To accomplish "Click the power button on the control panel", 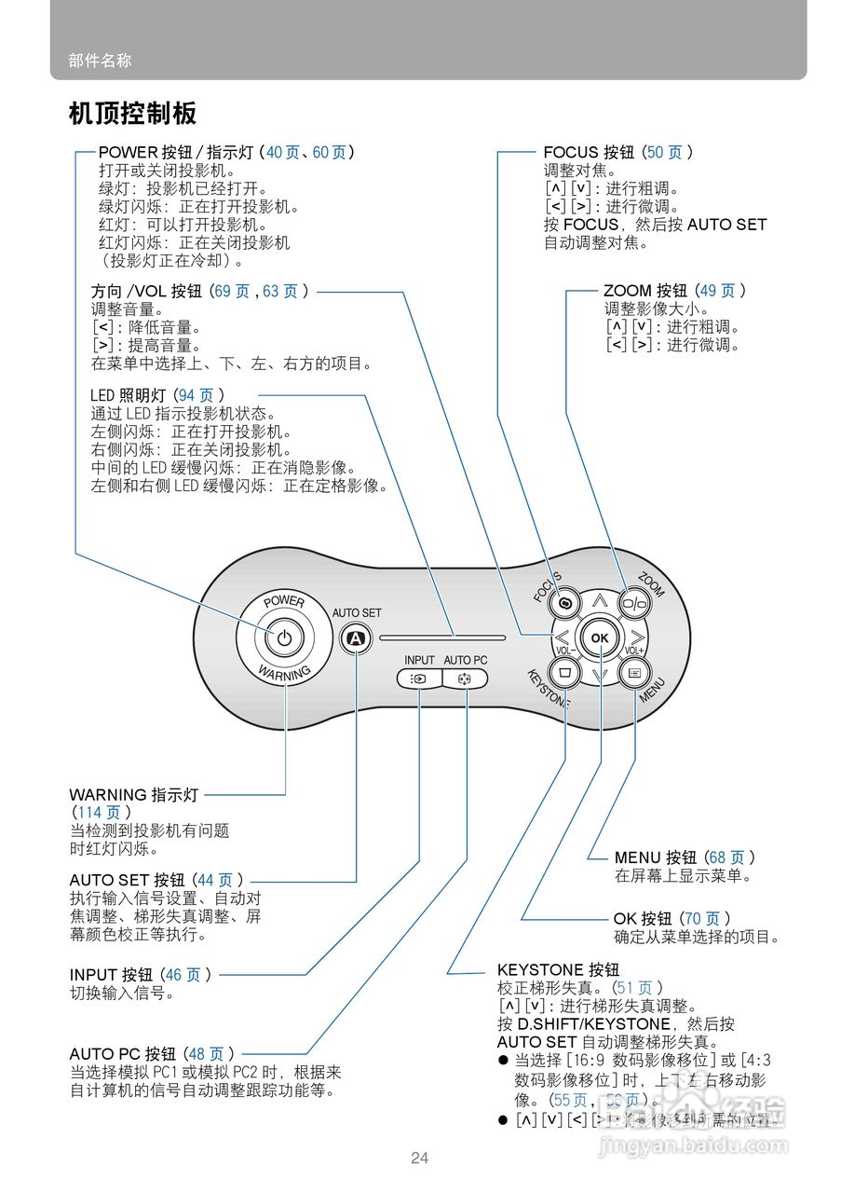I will (285, 638).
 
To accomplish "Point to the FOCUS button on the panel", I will (564, 603).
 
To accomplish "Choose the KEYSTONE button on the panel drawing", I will (564, 671).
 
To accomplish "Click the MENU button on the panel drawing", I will (635, 671).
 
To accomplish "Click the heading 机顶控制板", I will (132, 114).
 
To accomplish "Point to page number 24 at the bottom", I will (420, 1158).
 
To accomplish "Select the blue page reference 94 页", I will (197, 396).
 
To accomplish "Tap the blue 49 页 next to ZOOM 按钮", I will (716, 291).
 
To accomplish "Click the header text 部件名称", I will (100, 61).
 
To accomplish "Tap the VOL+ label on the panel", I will (635, 650).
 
